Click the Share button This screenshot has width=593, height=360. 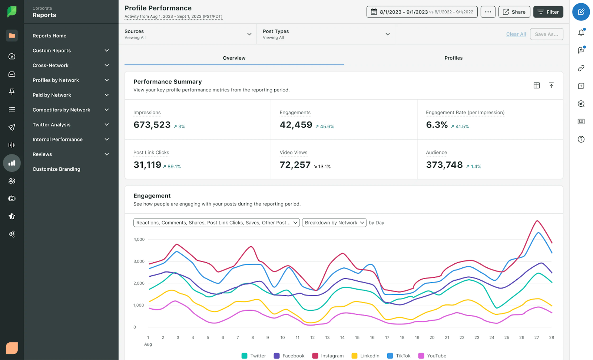point(514,12)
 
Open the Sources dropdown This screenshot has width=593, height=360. point(188,34)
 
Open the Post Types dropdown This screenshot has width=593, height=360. point(326,34)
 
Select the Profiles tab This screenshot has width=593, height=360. point(453,58)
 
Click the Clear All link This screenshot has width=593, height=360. point(516,34)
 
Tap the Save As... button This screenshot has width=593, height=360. point(546,34)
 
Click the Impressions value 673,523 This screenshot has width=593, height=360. point(152,125)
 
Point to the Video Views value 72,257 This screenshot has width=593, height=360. point(295,165)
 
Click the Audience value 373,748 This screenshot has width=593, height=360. point(444,165)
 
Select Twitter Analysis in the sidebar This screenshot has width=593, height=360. point(52,124)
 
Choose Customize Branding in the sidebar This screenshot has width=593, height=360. point(56,169)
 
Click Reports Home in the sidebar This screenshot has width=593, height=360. point(49,36)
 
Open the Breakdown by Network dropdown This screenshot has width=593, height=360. point(334,223)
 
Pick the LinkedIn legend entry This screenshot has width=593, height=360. point(365,356)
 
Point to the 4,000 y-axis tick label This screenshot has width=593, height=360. point(139,239)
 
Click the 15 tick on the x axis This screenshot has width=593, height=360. point(357,337)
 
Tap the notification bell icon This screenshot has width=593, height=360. point(581,33)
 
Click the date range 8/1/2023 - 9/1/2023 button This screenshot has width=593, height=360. point(422,12)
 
